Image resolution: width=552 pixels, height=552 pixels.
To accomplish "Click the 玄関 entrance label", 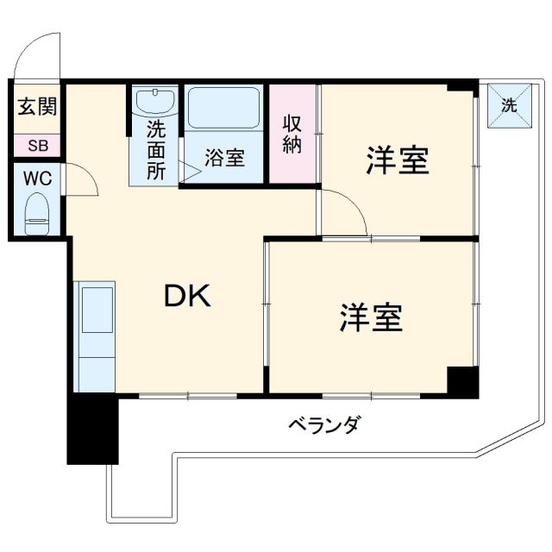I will point(37,107).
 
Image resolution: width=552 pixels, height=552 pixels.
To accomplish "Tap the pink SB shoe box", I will point(37,145).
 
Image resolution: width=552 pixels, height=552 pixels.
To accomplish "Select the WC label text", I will point(37,179).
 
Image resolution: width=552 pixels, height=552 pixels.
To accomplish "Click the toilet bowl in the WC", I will point(37,213).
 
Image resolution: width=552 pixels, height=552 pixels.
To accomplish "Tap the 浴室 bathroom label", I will point(224,159).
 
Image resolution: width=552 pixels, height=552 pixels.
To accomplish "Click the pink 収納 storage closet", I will point(292,133).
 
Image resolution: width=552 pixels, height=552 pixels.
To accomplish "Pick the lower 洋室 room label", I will point(371,318).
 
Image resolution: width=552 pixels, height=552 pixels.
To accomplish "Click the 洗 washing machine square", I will point(509,106).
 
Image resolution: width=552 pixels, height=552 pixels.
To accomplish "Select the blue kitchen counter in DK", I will point(96,337).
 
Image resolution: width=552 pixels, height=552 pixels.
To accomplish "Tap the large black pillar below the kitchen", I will point(91,429).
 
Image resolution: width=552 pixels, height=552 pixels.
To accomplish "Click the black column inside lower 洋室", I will point(462,380).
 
